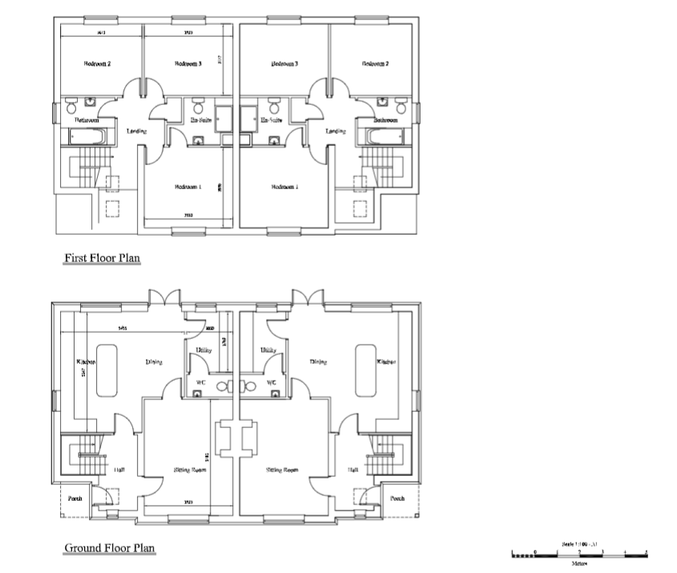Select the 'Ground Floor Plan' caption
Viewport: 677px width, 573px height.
click(x=110, y=548)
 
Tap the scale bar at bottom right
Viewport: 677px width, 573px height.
click(x=579, y=554)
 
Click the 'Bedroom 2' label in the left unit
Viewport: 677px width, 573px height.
click(x=97, y=63)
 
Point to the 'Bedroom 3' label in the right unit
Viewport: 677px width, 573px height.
click(x=284, y=63)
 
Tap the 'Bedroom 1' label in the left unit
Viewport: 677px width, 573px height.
click(x=187, y=187)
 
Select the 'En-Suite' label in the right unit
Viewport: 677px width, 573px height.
click(x=272, y=120)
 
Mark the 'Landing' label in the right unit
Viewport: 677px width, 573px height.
click(x=335, y=131)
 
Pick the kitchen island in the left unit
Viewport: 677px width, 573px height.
click(x=107, y=369)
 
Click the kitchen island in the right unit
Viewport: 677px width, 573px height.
click(x=365, y=369)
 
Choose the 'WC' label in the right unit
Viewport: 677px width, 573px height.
click(x=271, y=383)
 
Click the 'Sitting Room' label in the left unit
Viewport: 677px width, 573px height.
click(x=191, y=470)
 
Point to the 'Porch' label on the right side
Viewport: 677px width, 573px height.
click(x=397, y=498)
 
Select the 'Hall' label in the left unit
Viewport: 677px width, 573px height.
click(x=119, y=470)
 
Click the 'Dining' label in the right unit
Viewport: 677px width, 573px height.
click(x=318, y=361)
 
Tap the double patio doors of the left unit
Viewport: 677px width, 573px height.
click(x=163, y=298)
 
